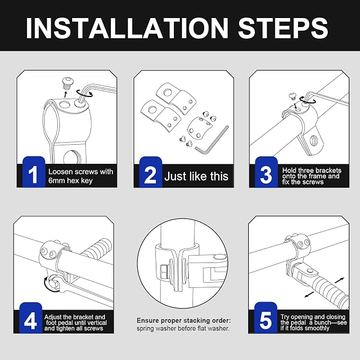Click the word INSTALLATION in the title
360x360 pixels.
coord(127,28)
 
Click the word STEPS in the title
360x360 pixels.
coord(283,28)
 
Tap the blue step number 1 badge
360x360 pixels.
coord(34,172)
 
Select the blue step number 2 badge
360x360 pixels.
coord(151,172)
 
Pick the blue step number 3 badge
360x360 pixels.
coord(266,172)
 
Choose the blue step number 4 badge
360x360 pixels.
coord(31,318)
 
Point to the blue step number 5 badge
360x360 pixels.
coord(266,318)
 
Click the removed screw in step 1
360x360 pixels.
coord(66,84)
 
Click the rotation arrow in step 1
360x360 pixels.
coord(85,93)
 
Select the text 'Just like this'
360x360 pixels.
coord(196,176)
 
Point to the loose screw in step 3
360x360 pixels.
coord(292,96)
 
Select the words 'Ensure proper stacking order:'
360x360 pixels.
coord(184,321)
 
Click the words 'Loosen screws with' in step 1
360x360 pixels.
coord(81,172)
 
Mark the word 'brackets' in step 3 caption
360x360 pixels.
coord(328,171)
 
